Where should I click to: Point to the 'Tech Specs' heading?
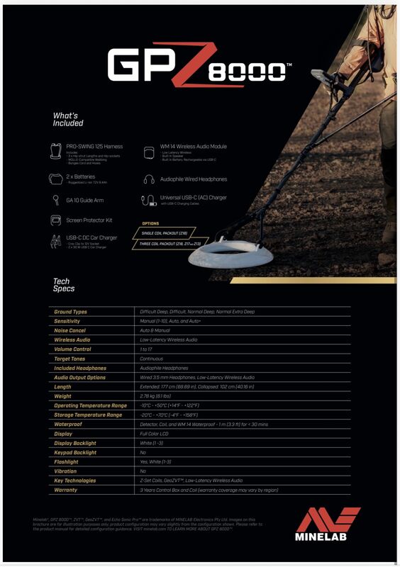[x=64, y=285]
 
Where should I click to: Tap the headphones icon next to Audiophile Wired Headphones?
[x=149, y=179]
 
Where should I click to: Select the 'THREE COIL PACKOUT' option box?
[x=170, y=244]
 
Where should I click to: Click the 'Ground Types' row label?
[x=71, y=312]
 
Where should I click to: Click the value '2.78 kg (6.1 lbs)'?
[x=160, y=396]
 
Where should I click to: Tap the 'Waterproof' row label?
[x=69, y=424]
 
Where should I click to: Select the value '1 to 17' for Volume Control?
[x=148, y=349]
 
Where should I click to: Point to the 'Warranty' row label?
[x=66, y=490]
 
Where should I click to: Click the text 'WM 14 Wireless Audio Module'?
[x=193, y=147]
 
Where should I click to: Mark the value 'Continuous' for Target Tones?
[x=153, y=359]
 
